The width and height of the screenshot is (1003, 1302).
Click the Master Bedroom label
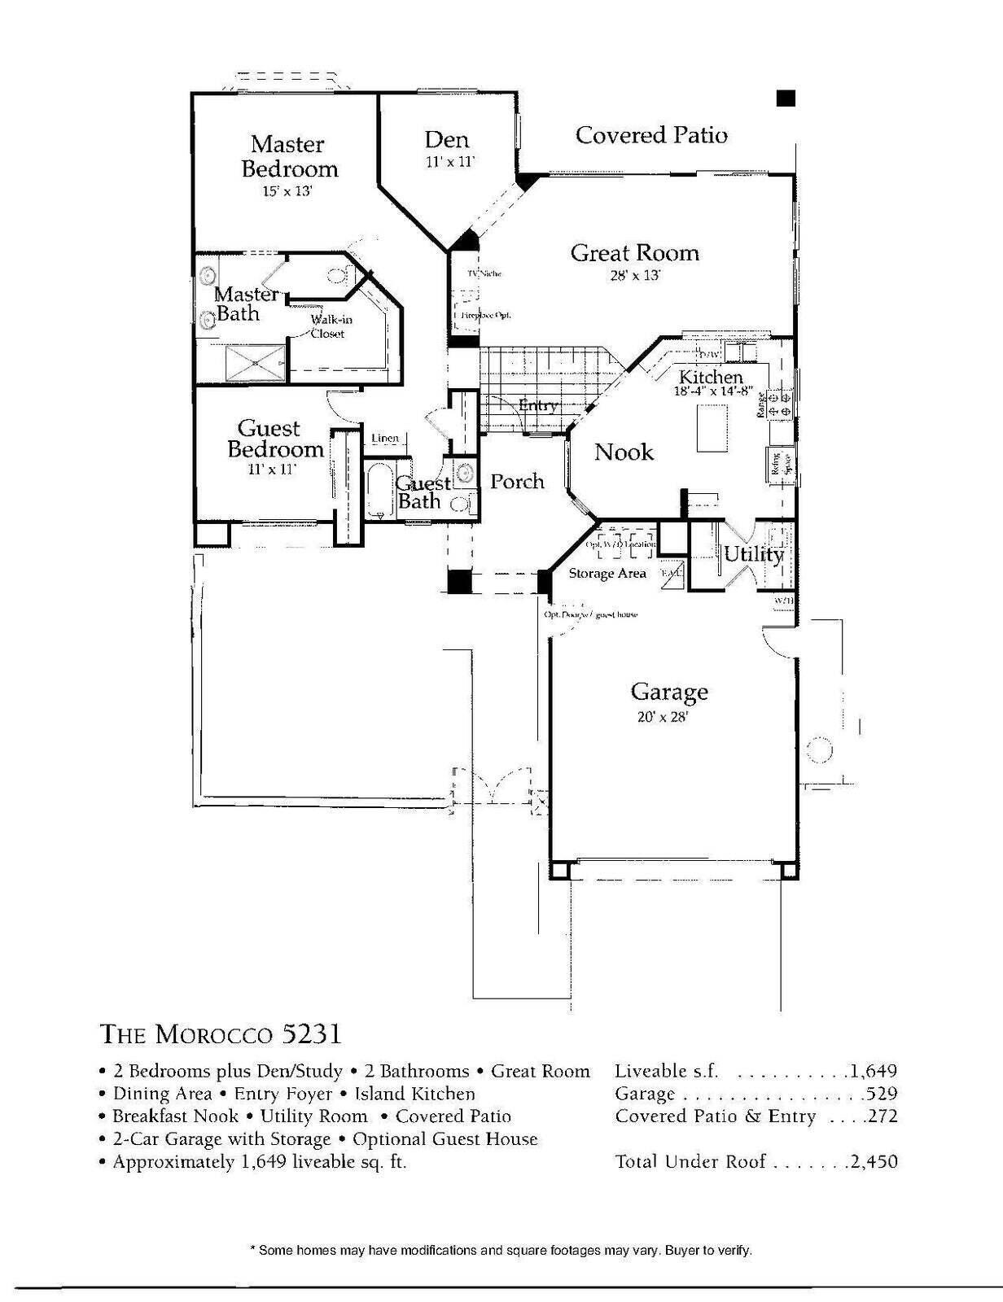click(x=289, y=156)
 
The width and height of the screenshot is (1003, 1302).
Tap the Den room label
click(x=447, y=140)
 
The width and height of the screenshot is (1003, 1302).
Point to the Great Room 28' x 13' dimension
click(x=634, y=276)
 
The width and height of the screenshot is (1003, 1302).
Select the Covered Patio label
click(x=651, y=135)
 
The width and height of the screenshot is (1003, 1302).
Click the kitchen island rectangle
click(x=712, y=428)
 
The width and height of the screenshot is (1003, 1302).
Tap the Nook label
click(x=624, y=452)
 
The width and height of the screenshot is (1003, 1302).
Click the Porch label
click(x=517, y=482)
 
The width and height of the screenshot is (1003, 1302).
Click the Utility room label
click(x=753, y=555)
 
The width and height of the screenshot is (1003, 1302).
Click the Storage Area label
click(x=607, y=574)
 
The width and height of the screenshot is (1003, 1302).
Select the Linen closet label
click(x=385, y=439)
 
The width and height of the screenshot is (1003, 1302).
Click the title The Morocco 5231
click(x=220, y=1034)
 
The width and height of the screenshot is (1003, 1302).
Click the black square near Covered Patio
click(x=786, y=98)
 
